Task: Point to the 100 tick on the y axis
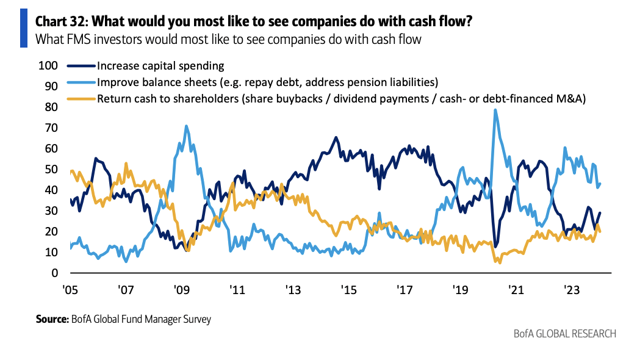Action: click(48, 66)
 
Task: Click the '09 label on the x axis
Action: click(181, 289)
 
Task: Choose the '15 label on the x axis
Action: click(348, 289)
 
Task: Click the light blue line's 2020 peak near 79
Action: click(495, 110)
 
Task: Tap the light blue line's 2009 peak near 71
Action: click(186, 126)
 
